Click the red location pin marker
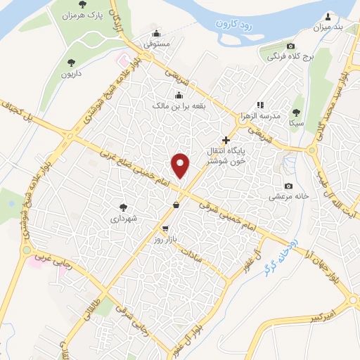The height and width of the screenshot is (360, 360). click(181, 165)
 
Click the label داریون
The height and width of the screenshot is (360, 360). click(71, 73)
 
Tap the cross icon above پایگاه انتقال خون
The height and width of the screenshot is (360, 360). click(226, 139)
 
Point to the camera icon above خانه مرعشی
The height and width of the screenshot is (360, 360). click(288, 186)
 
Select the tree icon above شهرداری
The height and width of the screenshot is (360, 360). click(124, 207)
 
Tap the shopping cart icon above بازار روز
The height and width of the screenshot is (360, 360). click(165, 229)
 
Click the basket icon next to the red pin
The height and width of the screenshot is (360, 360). click(175, 205)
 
